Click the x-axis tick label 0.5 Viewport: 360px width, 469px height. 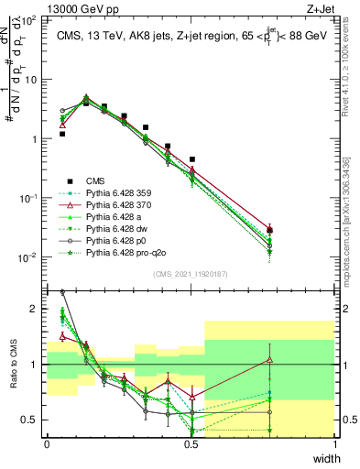coord(191,443)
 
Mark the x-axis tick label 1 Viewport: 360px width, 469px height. coord(335,443)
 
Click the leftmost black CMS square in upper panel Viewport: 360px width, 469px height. coord(62,134)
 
